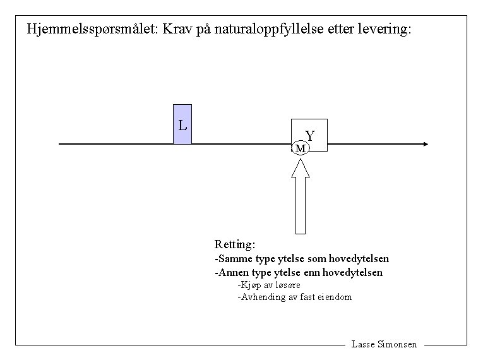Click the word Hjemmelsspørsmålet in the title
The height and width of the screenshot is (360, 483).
pos(92,29)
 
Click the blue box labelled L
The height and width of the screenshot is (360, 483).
pos(182,124)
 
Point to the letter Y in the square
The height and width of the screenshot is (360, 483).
pos(310,136)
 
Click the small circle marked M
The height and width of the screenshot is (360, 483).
pos(301,148)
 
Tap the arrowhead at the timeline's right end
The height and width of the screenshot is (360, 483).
pos(425,144)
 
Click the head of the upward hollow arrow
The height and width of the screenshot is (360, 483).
pos(301,168)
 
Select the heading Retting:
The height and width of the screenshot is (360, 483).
pos(235,244)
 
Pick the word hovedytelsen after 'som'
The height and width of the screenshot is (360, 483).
pos(360,259)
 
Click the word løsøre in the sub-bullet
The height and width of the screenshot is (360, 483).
pos(279,285)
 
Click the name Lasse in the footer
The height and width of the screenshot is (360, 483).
pos(362,345)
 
